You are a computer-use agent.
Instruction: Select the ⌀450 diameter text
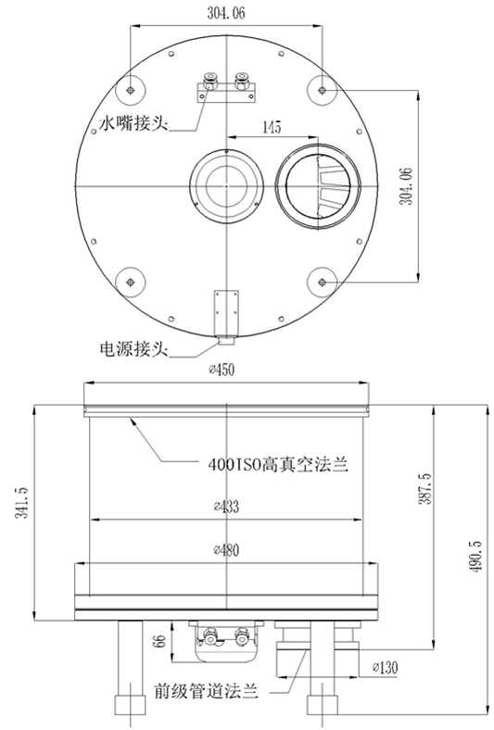tap(223, 371)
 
